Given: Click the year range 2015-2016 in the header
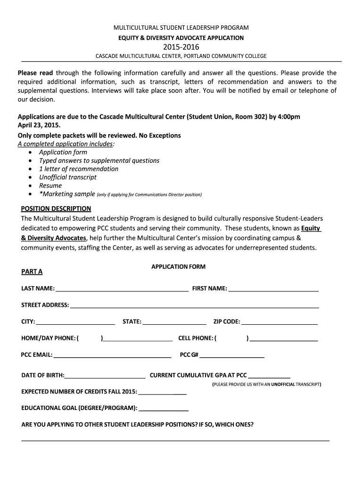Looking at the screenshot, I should click(x=181, y=47).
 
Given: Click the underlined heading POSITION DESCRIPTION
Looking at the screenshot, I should click(x=57, y=209).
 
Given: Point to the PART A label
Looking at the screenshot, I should click(x=32, y=272).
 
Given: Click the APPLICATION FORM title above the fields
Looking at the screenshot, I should click(x=178, y=266).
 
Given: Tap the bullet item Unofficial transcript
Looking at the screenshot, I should click(x=68, y=177).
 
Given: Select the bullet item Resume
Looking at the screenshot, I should click(x=50, y=185).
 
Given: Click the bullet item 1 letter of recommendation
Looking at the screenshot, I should click(x=79, y=169).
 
